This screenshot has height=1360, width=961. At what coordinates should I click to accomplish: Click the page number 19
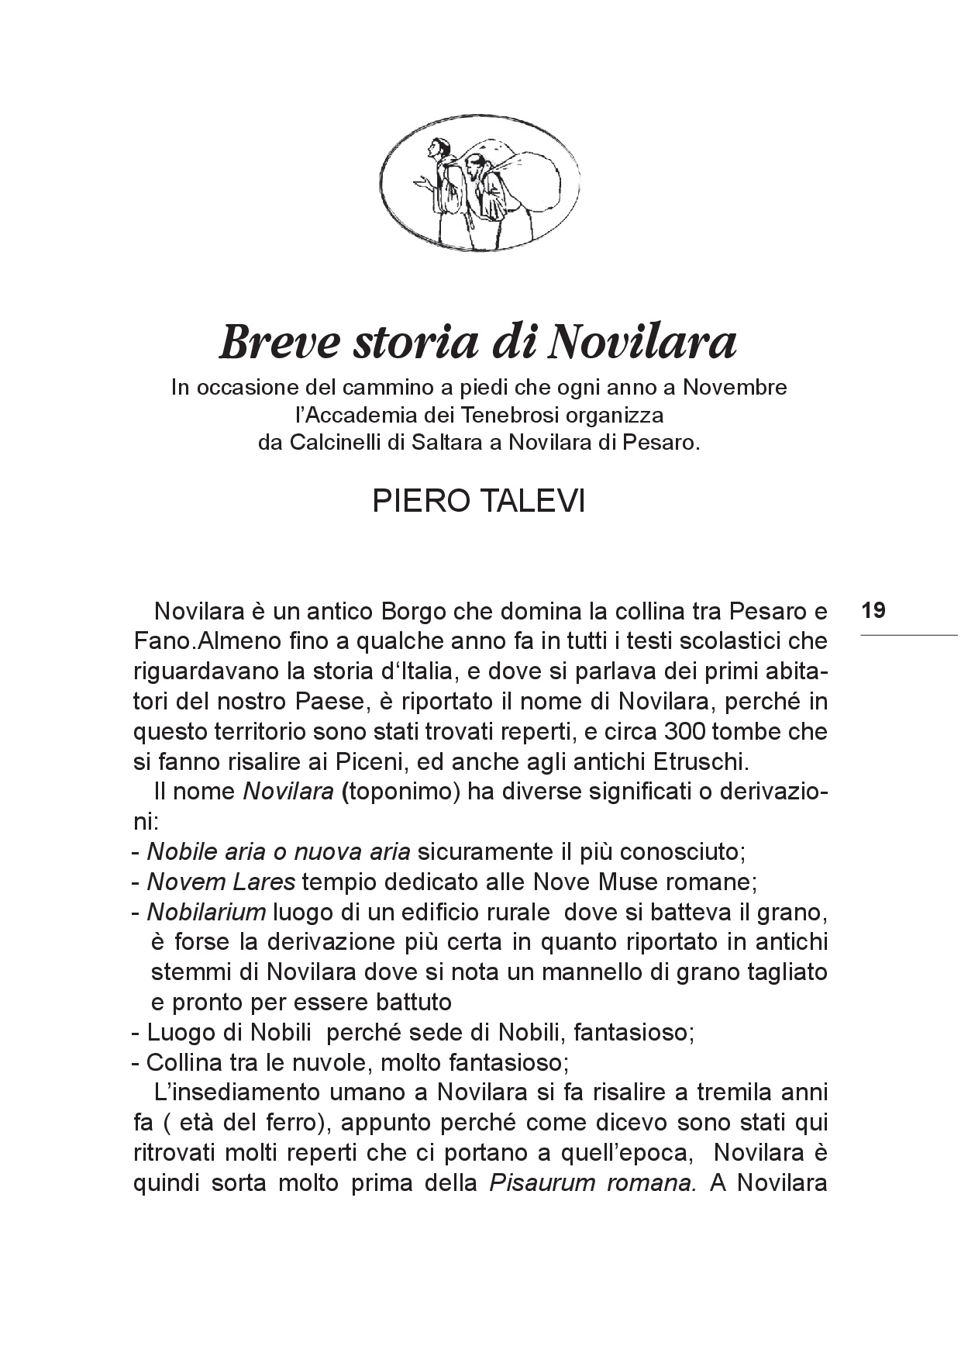pyautogui.click(x=873, y=610)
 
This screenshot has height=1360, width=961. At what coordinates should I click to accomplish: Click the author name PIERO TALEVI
pyautogui.click(x=478, y=502)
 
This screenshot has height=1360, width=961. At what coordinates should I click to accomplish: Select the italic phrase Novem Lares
pyautogui.click(x=221, y=882)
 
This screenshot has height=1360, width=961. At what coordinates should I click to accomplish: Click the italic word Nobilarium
pyautogui.click(x=206, y=912)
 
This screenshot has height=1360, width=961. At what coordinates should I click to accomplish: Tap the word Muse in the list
pyautogui.click(x=649, y=882)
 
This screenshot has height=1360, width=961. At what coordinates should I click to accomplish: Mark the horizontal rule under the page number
pyautogui.click(x=908, y=636)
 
